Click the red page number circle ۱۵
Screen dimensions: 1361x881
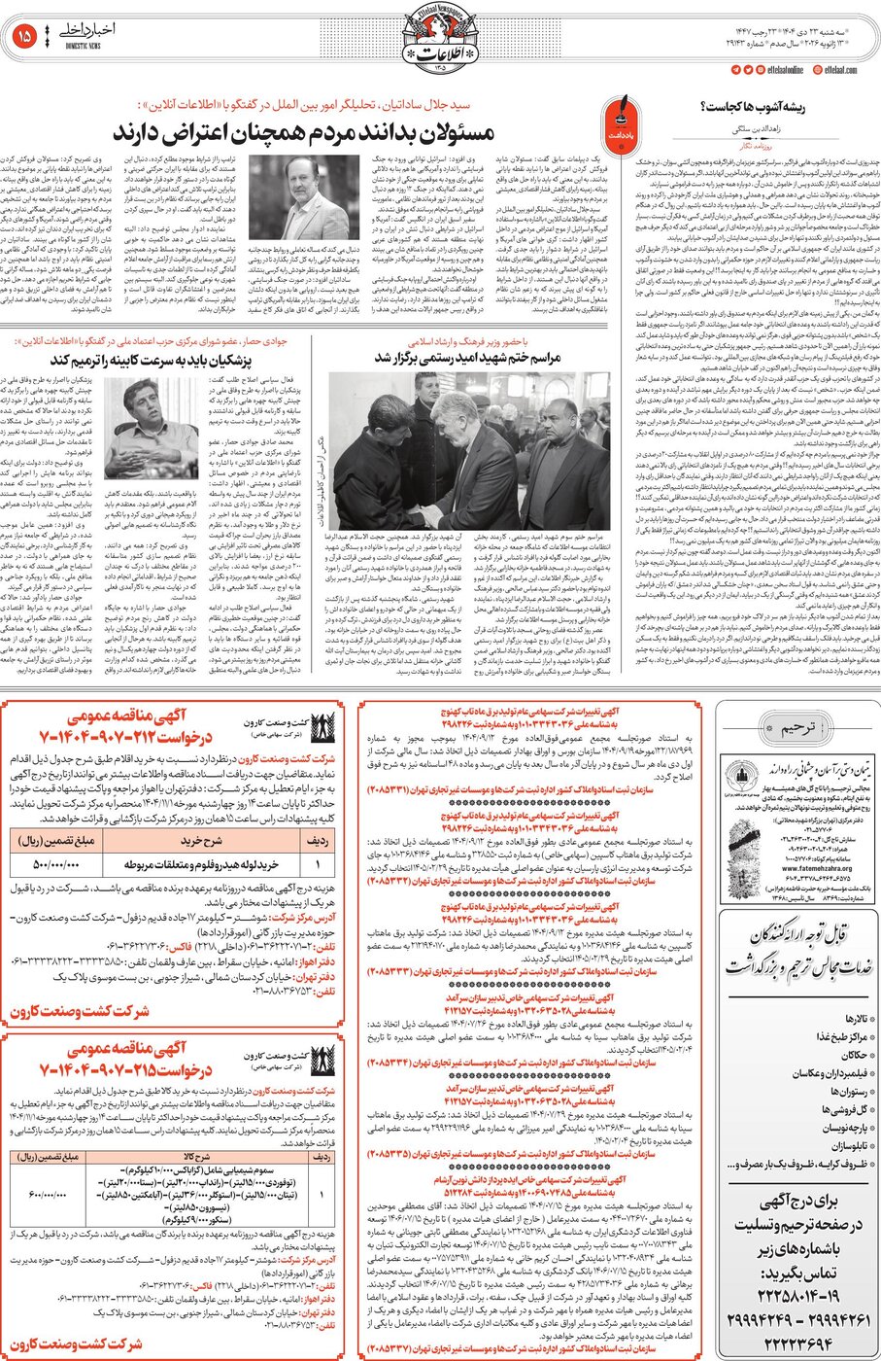[24, 36]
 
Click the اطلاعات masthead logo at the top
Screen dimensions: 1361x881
[440, 39]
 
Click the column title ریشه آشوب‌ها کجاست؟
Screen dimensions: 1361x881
[753, 108]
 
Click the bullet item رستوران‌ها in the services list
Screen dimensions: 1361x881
[840, 1091]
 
